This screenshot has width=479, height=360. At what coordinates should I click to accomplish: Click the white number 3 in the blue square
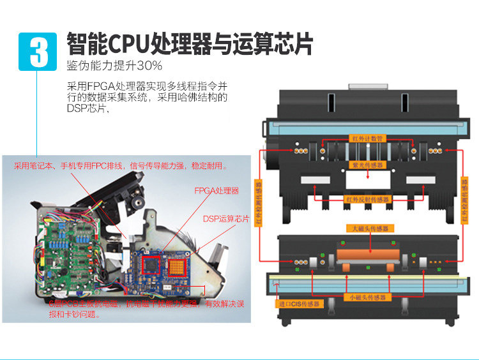(39, 51)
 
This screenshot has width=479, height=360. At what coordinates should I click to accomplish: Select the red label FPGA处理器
(217, 190)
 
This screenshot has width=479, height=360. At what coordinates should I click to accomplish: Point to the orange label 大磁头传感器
(370, 228)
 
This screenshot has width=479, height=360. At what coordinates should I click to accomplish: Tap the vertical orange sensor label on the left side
(259, 202)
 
